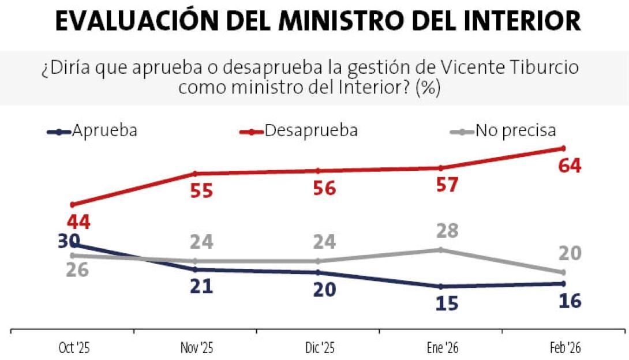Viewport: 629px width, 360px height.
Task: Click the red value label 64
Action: tap(570, 166)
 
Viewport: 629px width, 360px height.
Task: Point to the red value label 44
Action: tap(78, 222)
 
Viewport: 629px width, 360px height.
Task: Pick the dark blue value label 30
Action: tap(69, 240)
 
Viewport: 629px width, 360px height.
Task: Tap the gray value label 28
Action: tap(447, 231)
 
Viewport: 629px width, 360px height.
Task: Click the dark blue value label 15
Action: tap(447, 303)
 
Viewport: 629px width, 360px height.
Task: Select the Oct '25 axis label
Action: tap(74, 348)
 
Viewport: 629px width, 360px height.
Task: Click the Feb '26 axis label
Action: tap(565, 348)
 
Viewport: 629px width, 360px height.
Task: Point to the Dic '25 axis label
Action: tap(319, 348)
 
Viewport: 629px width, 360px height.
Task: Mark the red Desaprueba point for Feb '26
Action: tap(563, 148)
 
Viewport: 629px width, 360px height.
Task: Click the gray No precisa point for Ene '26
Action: tap(441, 250)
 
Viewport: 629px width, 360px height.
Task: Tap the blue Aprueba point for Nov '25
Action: tap(195, 269)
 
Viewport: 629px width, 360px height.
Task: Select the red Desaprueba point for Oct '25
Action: tap(72, 204)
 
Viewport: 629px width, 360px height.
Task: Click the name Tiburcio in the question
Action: tap(544, 68)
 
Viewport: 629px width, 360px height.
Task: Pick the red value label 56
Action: tap(324, 189)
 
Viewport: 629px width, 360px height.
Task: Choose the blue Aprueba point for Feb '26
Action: tap(563, 283)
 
